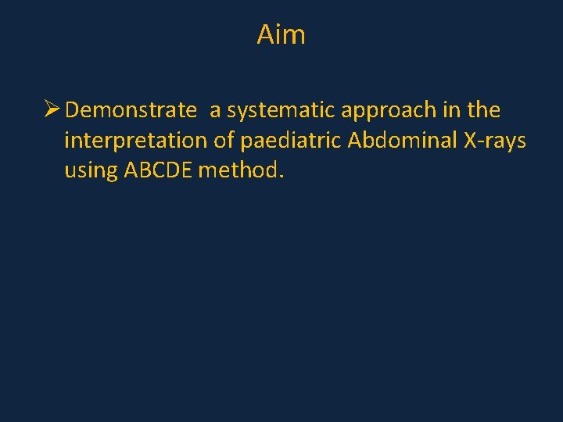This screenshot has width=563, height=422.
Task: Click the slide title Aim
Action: (281, 34)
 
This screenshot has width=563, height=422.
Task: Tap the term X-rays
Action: (496, 141)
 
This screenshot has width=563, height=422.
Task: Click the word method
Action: (238, 170)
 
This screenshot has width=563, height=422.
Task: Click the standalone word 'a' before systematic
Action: (214, 112)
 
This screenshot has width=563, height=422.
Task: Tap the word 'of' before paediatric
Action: (228, 140)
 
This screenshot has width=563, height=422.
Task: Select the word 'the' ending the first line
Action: (483, 110)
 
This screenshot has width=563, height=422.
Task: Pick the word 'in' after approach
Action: (451, 110)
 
